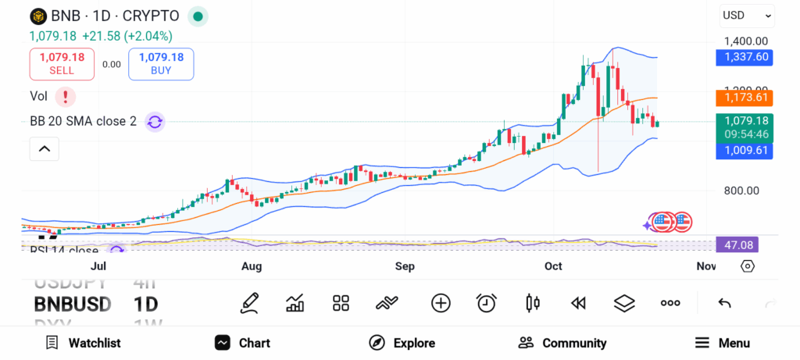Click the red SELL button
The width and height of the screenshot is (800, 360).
click(62, 63)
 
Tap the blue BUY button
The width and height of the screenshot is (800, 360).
click(161, 63)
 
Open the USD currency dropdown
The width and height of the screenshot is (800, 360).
click(746, 15)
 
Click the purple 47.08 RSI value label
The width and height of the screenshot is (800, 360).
click(737, 245)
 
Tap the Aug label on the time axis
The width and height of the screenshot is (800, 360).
click(252, 266)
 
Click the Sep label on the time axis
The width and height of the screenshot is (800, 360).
click(404, 266)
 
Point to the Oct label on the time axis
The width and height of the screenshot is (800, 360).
click(553, 266)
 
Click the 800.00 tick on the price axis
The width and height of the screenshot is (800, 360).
click(741, 191)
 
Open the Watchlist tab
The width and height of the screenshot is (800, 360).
click(83, 343)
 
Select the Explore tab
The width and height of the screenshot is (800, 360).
click(402, 343)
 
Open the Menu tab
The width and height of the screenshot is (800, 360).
click(723, 343)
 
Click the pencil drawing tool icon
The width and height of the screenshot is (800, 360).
click(249, 303)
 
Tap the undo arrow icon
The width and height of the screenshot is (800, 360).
click(724, 303)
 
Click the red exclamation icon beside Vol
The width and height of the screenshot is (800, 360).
click(66, 96)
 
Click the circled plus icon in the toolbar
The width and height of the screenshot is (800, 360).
click(441, 303)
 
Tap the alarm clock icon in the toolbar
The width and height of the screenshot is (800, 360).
click(487, 303)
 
